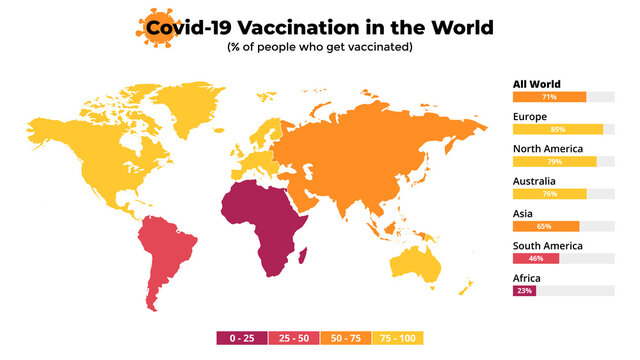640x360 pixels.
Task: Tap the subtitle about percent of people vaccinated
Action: coord(320,47)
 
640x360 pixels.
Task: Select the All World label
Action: coord(536,84)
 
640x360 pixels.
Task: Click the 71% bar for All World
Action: coord(549,97)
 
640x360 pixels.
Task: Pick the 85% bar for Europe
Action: coord(557,129)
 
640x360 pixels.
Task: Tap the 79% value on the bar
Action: coord(554,161)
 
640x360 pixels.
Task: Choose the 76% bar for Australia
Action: coord(550,193)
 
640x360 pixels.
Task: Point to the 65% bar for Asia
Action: coord(546,226)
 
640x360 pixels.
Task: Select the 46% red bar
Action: coord(535,258)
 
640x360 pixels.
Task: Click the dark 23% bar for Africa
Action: coord(525,290)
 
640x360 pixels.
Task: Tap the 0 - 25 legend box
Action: coord(241,338)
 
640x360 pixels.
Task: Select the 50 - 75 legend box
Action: coord(345,338)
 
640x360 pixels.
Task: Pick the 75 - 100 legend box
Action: coord(397,338)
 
